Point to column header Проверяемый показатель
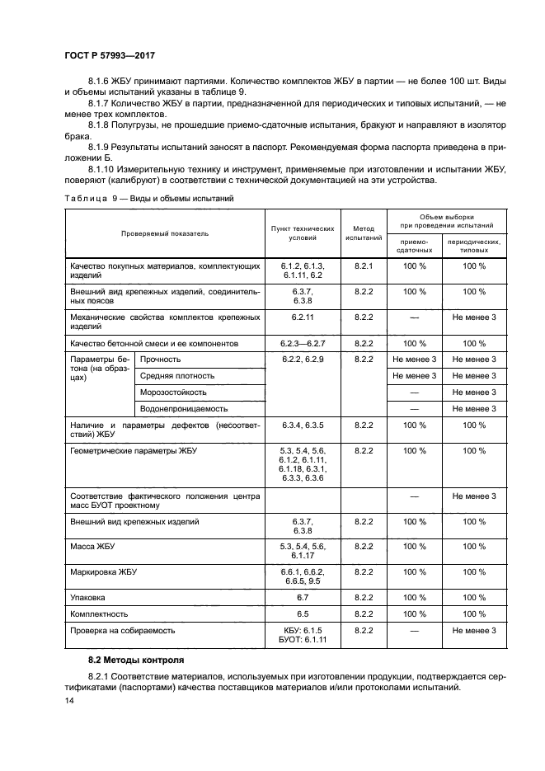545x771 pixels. [165, 233]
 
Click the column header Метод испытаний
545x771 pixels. [364, 233]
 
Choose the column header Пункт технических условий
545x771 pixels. [303, 233]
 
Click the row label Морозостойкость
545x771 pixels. [173, 392]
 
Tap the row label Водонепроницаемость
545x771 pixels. [184, 408]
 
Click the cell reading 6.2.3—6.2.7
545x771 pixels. [303, 343]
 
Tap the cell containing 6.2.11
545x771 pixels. [303, 317]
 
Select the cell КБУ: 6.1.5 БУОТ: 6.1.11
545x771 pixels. [303, 635]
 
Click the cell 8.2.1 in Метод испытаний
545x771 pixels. [364, 266]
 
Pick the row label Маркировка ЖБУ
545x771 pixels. [104, 571]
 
